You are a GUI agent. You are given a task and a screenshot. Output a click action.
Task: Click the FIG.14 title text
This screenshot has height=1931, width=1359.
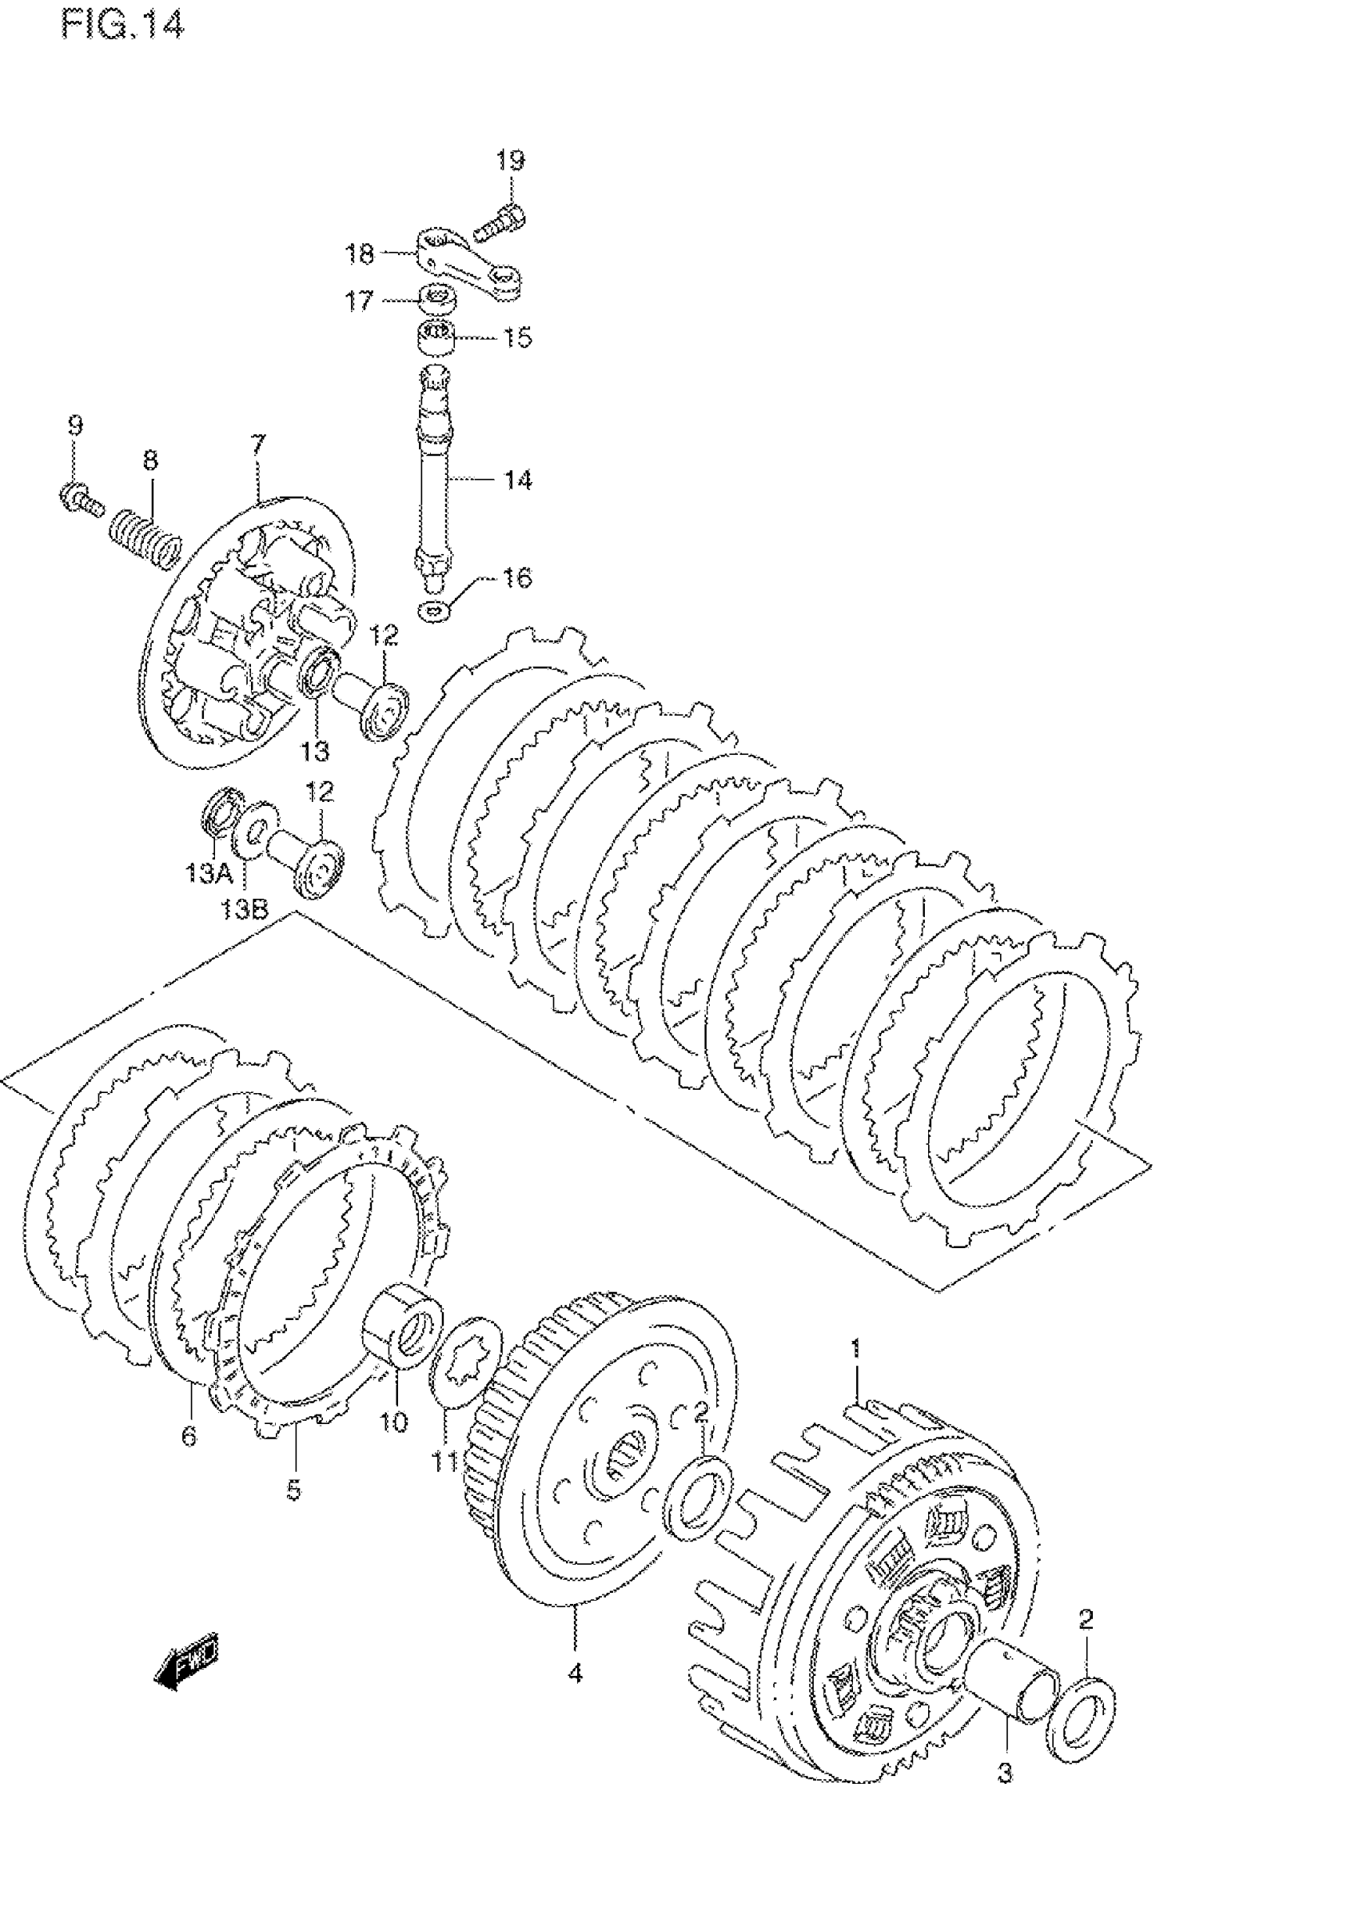[122, 26]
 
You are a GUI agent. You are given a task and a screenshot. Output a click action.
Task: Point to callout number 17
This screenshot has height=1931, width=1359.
[359, 301]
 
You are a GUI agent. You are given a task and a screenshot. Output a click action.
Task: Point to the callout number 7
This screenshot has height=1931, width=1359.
[257, 443]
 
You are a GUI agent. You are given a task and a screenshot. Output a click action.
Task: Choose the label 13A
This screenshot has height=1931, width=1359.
[209, 874]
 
